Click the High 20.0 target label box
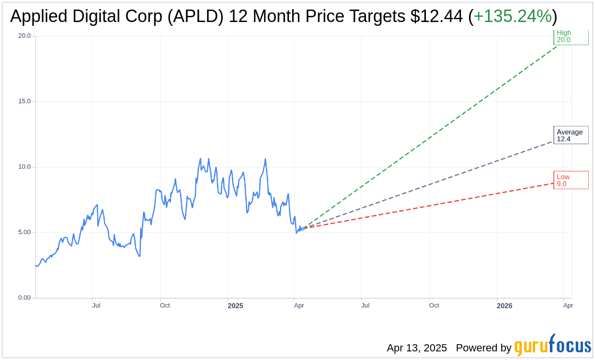coord(571,37)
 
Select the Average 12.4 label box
coord(571,135)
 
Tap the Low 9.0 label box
coord(571,180)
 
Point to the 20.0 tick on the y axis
coord(24,36)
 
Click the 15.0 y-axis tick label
coord(24,101)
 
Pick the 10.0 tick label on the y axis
coord(24,167)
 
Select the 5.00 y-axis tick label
coord(24,232)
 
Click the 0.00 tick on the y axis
coord(24,298)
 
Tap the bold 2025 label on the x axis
coord(235,306)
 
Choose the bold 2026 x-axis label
coord(504,306)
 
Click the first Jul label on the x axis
coord(96,305)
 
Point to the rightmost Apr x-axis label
coord(568,305)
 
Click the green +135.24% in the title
coord(512,17)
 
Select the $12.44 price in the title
coord(436,17)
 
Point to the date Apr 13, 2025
coord(417,348)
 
